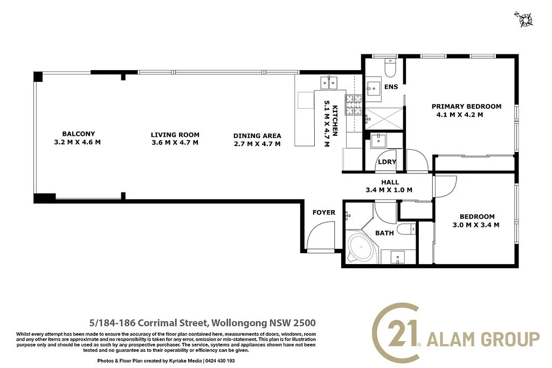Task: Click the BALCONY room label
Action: point(78,134)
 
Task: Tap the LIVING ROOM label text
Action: point(175,135)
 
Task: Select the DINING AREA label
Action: point(257,136)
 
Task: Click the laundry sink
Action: point(379,140)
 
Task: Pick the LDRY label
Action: point(387,162)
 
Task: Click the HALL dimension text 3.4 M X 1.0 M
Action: point(389,190)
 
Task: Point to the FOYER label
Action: point(323,212)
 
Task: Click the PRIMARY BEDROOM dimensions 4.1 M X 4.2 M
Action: point(459,114)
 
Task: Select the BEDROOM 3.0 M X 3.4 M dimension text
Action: point(475,225)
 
